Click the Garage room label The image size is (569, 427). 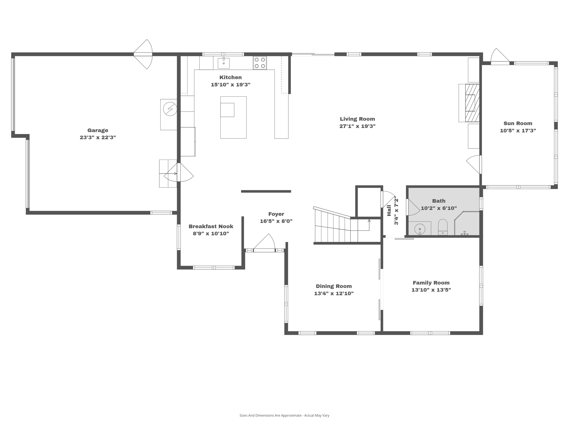tap(98, 130)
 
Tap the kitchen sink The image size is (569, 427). tap(224, 63)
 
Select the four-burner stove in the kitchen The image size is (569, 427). tap(260, 63)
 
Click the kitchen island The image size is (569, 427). tap(233, 117)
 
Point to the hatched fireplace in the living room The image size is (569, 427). tap(472, 103)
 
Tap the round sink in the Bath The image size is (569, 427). tap(420, 229)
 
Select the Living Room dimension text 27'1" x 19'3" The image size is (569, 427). tap(357, 126)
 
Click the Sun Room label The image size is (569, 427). tap(518, 123)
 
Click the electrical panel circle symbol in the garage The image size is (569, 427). tap(170, 109)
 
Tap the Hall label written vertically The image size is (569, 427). tap(389, 210)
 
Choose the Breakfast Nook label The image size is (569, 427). tap(211, 226)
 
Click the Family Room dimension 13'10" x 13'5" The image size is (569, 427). tap(431, 290)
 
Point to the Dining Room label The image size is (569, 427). tap(334, 286)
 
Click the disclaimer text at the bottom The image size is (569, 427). tap(284, 415)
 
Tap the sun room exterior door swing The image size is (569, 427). tap(500, 57)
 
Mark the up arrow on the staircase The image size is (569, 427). tap(369, 221)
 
